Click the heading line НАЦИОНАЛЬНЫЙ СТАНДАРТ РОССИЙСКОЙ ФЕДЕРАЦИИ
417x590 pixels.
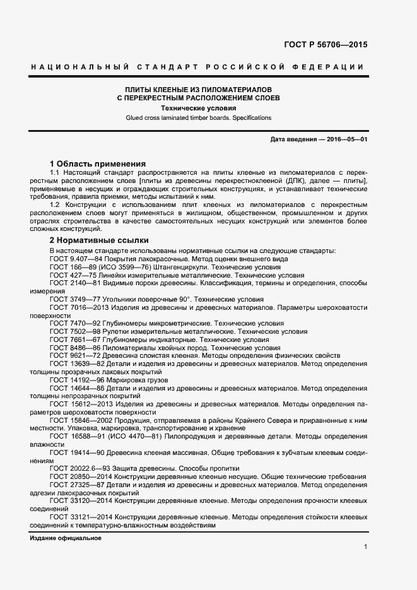click(197, 67)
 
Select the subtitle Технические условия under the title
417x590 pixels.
click(197, 108)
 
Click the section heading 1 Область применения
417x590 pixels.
click(97, 163)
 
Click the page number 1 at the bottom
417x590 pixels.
click(365, 547)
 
